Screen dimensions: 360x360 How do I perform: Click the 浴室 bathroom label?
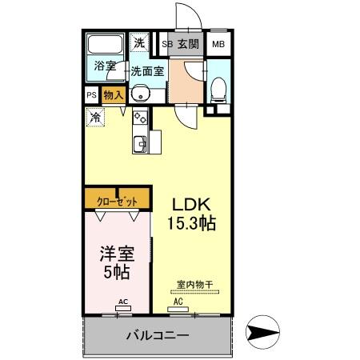pos(105,66)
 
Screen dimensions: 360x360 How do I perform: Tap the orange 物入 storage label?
pos(113,94)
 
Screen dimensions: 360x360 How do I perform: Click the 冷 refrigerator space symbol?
pos(96,118)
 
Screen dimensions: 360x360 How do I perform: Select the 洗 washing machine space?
pos(139,43)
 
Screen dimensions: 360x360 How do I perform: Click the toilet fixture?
pos(218,89)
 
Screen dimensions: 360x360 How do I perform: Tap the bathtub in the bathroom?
pos(105,45)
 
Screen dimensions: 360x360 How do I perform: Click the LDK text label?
pos(188,203)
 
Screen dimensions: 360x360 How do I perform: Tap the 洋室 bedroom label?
pos(116,254)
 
